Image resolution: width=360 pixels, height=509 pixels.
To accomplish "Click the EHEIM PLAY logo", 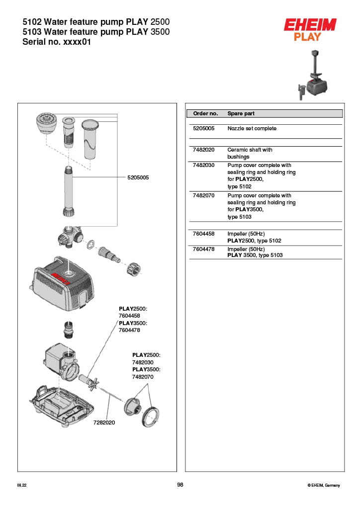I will click(x=310, y=29).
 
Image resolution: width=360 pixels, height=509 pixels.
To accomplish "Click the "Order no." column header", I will click(x=205, y=113).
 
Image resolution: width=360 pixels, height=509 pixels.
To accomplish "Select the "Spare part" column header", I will click(x=241, y=113).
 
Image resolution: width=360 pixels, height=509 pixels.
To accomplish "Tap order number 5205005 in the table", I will click(x=203, y=128).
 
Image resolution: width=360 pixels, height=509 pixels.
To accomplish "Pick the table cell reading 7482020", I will click(x=203, y=150).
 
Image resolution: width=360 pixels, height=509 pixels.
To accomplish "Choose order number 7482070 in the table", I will click(x=203, y=195).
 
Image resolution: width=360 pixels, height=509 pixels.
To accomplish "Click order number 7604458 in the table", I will click(x=203, y=233).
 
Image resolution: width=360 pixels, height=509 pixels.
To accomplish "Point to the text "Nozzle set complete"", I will click(x=252, y=128).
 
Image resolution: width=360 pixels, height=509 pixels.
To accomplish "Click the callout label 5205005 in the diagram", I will click(x=138, y=177).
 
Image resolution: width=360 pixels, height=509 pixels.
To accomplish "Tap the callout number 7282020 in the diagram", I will click(x=104, y=423).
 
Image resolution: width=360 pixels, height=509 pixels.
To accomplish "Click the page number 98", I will click(x=180, y=485).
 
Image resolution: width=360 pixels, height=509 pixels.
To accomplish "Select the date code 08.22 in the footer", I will click(x=21, y=485).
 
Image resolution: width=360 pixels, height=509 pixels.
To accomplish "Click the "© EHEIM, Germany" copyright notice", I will click(x=324, y=485).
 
